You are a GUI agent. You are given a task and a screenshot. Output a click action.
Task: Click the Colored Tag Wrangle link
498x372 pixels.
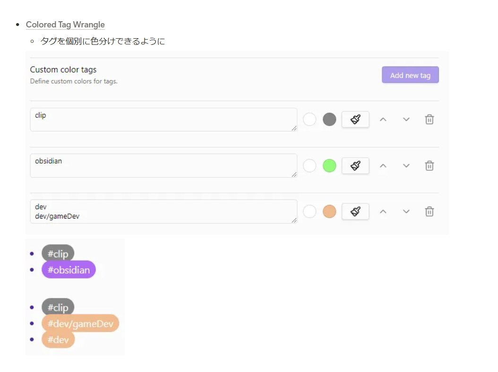click(65, 25)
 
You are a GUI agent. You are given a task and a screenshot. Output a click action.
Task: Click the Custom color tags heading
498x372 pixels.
click(63, 70)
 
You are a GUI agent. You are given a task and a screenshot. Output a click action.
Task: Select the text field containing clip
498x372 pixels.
click(163, 119)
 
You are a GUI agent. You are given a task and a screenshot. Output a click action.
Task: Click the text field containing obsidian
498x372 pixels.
click(163, 166)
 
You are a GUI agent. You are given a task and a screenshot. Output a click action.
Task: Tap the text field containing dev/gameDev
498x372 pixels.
click(163, 211)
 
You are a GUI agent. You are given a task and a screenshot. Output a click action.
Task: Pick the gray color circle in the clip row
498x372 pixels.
click(329, 119)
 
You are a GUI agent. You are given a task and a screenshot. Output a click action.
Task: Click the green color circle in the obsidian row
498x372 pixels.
click(329, 166)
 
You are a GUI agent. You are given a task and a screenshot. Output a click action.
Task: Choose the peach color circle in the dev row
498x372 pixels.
click(329, 211)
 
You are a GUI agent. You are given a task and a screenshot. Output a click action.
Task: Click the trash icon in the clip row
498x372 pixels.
click(429, 119)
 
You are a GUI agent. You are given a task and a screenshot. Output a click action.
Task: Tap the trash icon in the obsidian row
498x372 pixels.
click(429, 166)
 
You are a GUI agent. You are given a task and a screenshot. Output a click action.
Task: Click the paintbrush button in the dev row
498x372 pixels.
click(355, 211)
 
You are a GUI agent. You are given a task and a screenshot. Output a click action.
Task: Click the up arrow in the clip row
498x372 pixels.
click(383, 119)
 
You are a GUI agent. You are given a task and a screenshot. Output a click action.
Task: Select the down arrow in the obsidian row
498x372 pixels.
click(406, 166)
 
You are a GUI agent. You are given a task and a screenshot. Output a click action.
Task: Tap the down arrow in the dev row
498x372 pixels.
click(406, 211)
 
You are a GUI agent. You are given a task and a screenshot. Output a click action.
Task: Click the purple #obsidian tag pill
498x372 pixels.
click(69, 270)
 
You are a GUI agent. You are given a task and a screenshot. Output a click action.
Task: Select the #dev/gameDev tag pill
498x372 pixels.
click(80, 323)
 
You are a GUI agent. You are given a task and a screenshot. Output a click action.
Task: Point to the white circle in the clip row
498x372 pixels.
click(309, 119)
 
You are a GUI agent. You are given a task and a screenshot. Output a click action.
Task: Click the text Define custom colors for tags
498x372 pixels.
click(74, 81)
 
